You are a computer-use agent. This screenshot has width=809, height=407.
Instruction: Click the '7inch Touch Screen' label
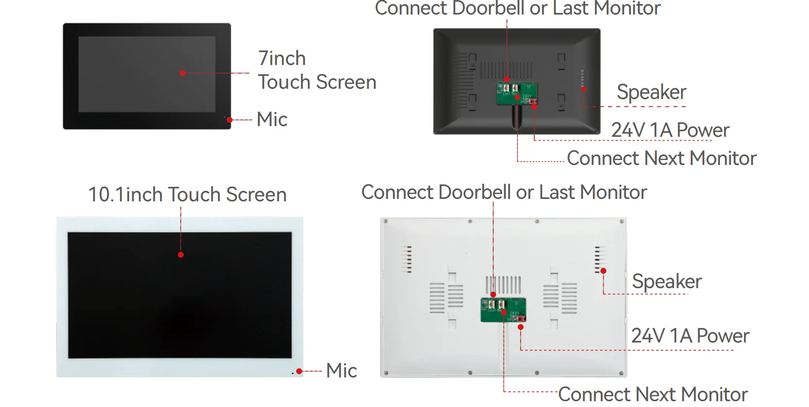point(317,70)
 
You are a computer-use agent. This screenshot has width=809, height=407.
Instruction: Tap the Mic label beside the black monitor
point(272,119)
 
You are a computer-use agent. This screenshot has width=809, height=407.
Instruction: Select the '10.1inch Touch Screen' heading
point(187,195)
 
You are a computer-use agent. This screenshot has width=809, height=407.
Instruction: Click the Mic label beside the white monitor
point(341,370)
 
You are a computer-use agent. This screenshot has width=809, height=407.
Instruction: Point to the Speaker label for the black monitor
point(652,92)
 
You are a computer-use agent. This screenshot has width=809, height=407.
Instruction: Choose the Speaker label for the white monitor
point(667,281)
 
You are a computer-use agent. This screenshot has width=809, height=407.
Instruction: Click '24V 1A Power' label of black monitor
point(670,130)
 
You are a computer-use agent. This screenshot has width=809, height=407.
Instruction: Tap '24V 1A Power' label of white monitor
point(690,336)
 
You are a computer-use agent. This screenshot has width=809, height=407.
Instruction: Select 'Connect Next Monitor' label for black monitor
point(662,158)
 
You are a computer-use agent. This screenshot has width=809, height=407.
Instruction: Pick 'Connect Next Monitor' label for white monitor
point(653,394)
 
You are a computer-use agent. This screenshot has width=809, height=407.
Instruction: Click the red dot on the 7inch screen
point(183,73)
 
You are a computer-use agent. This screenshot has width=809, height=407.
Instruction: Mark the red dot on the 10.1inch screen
point(181,255)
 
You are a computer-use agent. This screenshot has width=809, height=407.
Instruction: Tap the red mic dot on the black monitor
point(229,120)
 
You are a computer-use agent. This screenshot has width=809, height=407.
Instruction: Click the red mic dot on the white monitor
point(299,371)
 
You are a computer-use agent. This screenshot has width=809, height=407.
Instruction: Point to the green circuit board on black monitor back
point(517,94)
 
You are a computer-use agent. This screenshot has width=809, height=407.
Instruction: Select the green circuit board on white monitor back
point(503,309)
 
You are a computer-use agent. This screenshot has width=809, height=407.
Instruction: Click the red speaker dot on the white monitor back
point(603,271)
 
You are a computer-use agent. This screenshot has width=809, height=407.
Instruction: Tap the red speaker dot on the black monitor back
point(583,89)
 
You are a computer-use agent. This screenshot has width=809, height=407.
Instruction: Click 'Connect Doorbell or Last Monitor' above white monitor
point(504,192)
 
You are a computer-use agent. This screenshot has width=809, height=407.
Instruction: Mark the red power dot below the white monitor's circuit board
point(521,327)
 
